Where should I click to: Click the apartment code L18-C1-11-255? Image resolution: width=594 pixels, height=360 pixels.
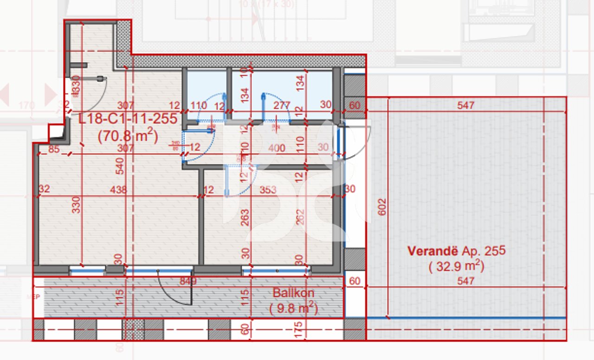click(128, 119)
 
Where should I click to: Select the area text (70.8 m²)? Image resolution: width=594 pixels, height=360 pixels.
click(128, 136)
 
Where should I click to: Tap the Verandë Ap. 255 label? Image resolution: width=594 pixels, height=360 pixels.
click(456, 251)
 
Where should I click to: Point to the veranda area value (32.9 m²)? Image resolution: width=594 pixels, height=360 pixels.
click(456, 267)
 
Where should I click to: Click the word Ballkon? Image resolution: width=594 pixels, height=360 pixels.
click(293, 293)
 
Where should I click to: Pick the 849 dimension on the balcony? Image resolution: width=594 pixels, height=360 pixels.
click(189, 281)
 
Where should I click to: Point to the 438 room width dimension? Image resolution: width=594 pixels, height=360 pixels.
click(119, 189)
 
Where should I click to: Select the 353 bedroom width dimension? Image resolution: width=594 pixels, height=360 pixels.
click(268, 189)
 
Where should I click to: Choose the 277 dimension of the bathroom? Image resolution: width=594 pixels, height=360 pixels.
click(282, 106)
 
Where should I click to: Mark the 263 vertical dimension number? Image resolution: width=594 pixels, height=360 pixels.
click(245, 217)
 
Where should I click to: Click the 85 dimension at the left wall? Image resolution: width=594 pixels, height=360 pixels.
click(54, 149)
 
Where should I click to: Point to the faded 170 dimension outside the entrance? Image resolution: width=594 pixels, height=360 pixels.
click(26, 106)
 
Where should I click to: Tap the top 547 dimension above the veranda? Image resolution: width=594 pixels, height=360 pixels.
click(465, 105)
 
